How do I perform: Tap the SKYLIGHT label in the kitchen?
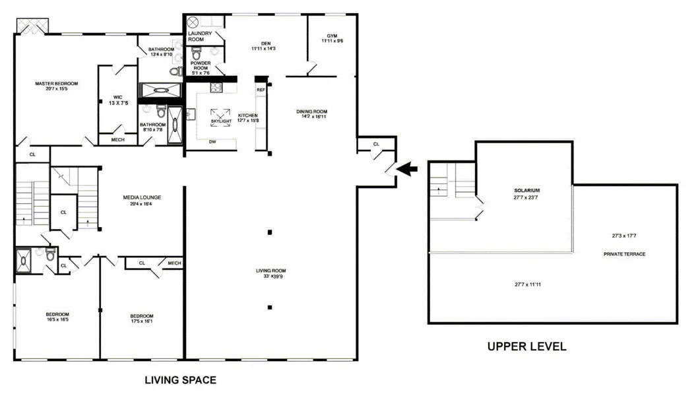[221, 121]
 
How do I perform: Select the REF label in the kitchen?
[261, 89]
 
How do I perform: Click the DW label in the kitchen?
[212, 142]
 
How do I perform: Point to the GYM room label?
[332, 36]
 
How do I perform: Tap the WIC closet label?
[117, 97]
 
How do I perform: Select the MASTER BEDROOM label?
[57, 83]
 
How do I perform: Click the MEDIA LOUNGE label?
[142, 197]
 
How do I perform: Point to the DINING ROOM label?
[311, 112]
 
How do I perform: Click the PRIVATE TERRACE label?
[624, 254]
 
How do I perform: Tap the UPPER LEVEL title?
[526, 346]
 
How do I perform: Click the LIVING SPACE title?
[180, 380]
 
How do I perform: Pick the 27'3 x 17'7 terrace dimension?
[624, 236]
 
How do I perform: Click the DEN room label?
[266, 44]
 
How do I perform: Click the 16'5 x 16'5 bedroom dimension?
[57, 319]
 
